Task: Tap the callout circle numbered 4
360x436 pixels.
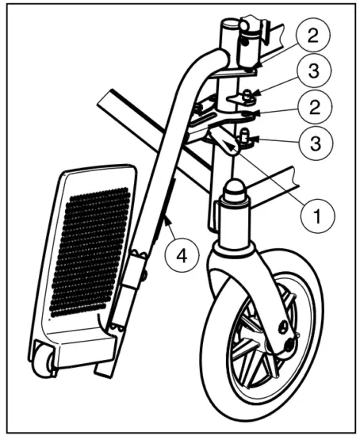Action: point(182,257)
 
